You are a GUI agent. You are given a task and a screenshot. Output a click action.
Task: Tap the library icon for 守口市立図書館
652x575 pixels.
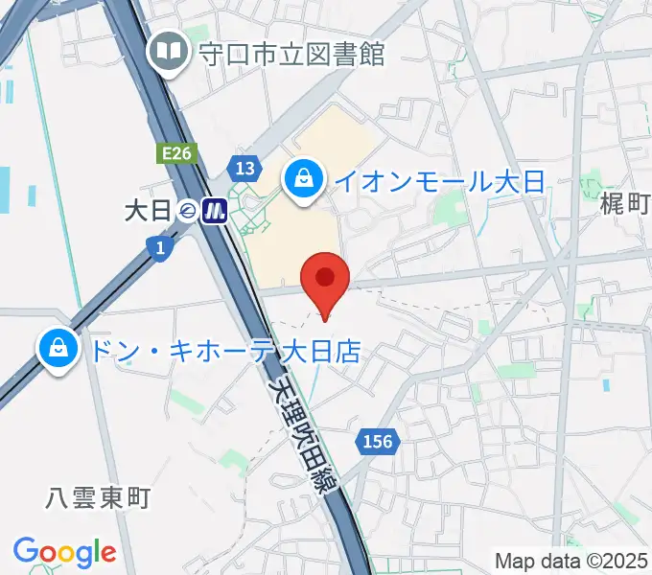click(x=170, y=52)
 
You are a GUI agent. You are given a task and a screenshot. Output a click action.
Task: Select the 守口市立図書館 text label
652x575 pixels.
click(x=291, y=53)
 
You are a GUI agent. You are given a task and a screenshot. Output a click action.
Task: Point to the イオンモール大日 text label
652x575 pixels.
click(x=438, y=180)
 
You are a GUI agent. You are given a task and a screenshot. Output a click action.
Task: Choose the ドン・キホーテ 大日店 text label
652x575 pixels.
click(x=224, y=351)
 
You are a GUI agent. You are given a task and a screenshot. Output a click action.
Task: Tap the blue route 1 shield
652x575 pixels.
click(x=159, y=248)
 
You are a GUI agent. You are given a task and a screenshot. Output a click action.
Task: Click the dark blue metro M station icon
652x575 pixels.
click(x=214, y=210)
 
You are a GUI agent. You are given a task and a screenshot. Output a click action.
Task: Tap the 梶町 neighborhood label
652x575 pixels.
click(x=625, y=203)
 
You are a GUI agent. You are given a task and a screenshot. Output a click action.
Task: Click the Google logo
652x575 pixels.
click(x=64, y=552)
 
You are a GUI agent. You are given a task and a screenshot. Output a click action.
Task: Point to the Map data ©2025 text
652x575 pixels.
click(x=571, y=561)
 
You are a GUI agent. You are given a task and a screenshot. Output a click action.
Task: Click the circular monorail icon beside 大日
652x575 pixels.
click(x=187, y=210)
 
